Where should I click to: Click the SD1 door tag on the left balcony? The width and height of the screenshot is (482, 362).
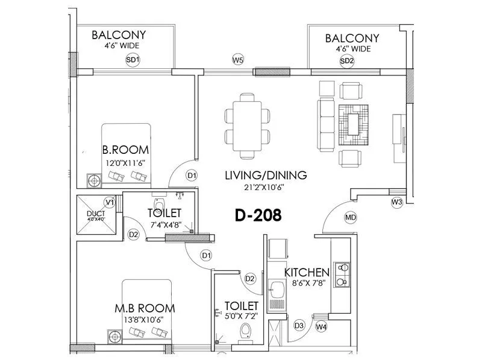pyautogui.click(x=133, y=60)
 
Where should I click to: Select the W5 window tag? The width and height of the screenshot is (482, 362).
pyautogui.click(x=238, y=60)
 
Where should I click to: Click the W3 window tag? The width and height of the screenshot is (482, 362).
pyautogui.click(x=396, y=202)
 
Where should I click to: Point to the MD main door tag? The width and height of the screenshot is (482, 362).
pyautogui.click(x=350, y=217)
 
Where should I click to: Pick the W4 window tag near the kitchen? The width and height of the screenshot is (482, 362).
pyautogui.click(x=322, y=327)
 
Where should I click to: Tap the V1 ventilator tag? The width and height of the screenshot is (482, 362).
pyautogui.click(x=110, y=202)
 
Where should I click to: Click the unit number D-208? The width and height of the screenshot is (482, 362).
pyautogui.click(x=257, y=215)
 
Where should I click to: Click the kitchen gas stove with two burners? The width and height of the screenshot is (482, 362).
pyautogui.click(x=343, y=274)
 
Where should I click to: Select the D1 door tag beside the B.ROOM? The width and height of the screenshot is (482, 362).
pyautogui.click(x=192, y=176)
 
